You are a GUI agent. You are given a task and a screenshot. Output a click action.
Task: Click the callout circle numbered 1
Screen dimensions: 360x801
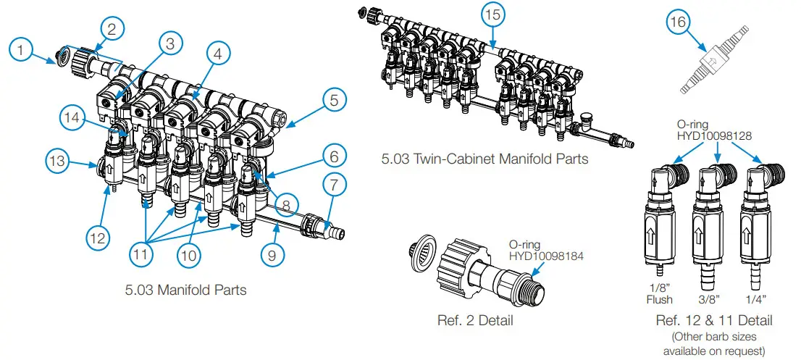(x=24, y=49)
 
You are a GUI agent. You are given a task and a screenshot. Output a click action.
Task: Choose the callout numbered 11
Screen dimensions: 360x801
(x=143, y=255)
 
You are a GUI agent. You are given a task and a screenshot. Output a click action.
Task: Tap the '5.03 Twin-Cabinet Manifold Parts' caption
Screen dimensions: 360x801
(x=485, y=159)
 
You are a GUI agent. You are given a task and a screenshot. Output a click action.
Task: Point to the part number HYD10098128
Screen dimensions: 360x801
(x=713, y=135)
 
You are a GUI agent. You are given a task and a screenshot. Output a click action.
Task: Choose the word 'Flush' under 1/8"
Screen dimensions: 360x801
(x=659, y=298)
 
